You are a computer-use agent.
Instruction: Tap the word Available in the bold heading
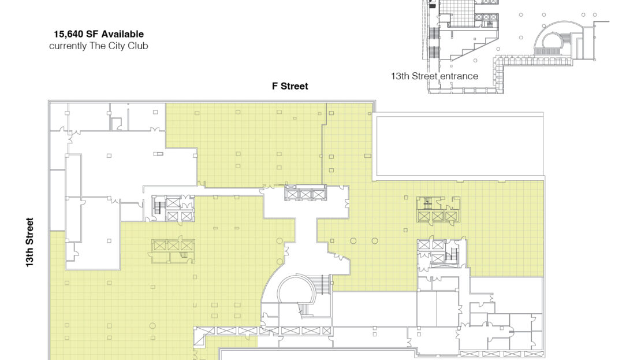pos(122,34)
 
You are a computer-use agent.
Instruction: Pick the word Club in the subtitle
pos(138,46)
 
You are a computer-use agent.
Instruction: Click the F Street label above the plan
pos(290,86)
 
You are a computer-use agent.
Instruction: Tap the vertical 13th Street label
pos(29,242)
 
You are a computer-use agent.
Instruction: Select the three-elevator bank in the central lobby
pos(305,192)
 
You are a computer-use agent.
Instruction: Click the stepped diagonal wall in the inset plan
pos(474,47)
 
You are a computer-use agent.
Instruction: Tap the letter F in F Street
pos(275,86)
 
